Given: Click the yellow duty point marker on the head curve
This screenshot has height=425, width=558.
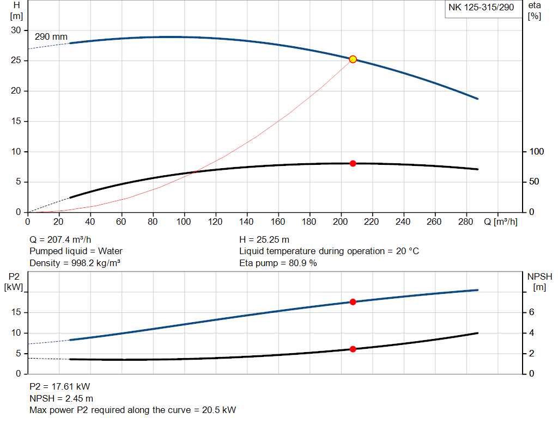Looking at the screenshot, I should click(x=353, y=59).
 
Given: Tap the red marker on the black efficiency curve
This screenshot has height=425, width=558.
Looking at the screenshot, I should click(x=353, y=163).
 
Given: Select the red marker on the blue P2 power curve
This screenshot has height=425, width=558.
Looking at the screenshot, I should click(x=353, y=301).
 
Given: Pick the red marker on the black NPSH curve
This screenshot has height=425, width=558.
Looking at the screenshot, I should click(x=353, y=349).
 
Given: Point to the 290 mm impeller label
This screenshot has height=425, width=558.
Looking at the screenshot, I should click(x=51, y=37).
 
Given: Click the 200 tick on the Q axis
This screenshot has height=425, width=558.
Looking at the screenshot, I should click(x=341, y=222).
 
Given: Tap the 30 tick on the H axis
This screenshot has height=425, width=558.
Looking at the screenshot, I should click(x=16, y=30).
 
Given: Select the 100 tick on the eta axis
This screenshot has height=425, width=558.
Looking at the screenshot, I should click(x=536, y=151).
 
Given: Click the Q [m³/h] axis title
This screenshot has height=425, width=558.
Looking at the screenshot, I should click(x=500, y=222).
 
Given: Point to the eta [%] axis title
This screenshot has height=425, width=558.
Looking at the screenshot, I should click(x=535, y=10).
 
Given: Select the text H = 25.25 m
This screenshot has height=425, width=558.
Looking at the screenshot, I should click(x=264, y=239).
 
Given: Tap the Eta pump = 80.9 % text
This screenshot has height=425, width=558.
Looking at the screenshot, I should click(x=278, y=263).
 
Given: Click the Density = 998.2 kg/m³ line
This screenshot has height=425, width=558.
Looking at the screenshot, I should click(x=75, y=263).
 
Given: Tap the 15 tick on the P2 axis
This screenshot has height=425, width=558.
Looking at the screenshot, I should click(x=16, y=312).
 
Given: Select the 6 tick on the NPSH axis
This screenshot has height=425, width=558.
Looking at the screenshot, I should click(x=532, y=312).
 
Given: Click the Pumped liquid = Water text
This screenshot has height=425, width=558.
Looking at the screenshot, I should click(x=76, y=251).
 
